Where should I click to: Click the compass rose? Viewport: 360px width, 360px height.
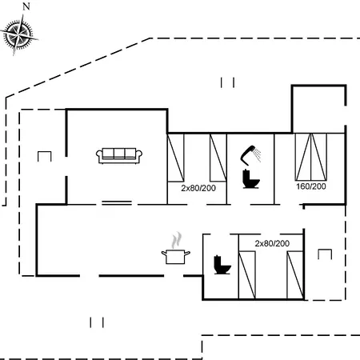[x=19, y=34]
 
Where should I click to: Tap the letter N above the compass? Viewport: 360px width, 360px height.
[x=26, y=6]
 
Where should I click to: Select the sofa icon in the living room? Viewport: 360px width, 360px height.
[x=119, y=156]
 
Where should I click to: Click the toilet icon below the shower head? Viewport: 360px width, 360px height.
[x=250, y=178]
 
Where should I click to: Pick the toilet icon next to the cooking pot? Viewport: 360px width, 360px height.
[x=222, y=265]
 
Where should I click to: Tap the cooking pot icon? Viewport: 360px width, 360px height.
[x=176, y=257]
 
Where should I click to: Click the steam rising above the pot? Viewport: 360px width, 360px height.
[x=177, y=240]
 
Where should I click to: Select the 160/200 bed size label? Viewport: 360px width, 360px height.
[x=311, y=186]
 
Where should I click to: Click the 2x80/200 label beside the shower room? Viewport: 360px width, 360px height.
[x=198, y=188]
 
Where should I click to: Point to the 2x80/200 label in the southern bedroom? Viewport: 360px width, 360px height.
[x=272, y=243]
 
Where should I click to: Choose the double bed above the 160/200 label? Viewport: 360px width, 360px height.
[x=311, y=157]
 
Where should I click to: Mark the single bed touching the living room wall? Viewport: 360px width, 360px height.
[x=175, y=158]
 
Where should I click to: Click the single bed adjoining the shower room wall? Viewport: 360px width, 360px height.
[x=218, y=158]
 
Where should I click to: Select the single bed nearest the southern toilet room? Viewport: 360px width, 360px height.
[x=247, y=274]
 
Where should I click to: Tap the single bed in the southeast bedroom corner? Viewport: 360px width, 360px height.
[x=295, y=274]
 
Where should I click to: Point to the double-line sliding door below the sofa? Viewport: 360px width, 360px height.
[x=117, y=203]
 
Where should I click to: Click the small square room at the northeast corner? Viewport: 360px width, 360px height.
[x=319, y=109]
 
